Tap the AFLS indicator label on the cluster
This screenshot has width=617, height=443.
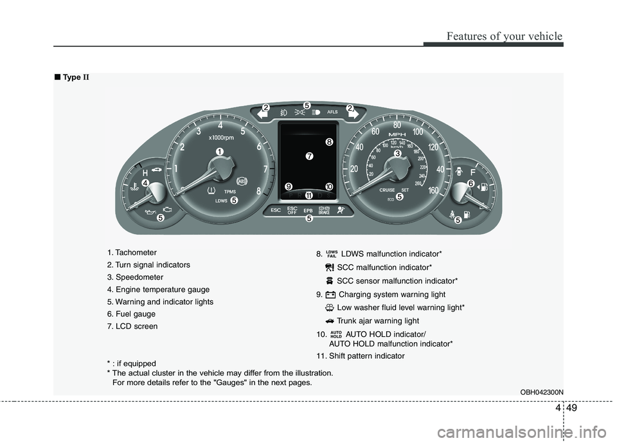[x=332, y=112]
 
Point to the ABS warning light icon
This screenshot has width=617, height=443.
[x=242, y=181]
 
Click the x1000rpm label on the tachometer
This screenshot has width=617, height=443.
[x=220, y=137]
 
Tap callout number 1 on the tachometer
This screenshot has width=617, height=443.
[x=220, y=150]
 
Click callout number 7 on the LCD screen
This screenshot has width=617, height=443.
[x=309, y=156]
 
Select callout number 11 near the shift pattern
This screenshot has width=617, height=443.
[x=308, y=195]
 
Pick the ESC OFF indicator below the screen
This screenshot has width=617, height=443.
[x=292, y=210]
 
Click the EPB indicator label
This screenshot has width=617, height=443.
[x=308, y=210]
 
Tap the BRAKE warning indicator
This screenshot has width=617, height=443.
[x=323, y=210]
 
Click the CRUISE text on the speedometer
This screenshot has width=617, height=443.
[x=387, y=190]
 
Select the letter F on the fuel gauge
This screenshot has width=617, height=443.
[x=473, y=173]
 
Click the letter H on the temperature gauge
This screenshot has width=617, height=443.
[x=145, y=173]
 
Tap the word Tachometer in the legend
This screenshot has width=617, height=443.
[x=137, y=252]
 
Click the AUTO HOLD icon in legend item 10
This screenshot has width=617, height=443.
[x=335, y=334]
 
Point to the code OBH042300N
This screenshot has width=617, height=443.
[x=542, y=392]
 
